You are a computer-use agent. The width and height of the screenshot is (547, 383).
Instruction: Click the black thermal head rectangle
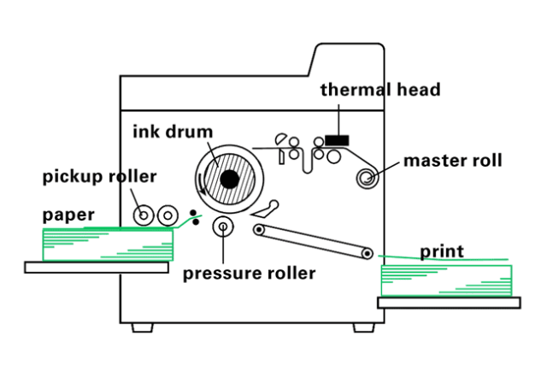(337, 138)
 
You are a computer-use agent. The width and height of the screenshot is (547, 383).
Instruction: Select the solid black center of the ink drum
(228, 179)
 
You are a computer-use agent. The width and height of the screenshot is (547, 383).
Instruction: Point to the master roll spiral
(368, 178)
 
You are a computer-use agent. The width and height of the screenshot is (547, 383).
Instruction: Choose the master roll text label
(452, 160)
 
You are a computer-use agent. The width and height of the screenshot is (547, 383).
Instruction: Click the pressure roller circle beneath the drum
(223, 227)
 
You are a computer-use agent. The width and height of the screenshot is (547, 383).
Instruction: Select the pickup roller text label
(99, 177)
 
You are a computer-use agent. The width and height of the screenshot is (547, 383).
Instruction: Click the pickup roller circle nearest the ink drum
(167, 215)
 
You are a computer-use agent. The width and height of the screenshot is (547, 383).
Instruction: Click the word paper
(69, 215)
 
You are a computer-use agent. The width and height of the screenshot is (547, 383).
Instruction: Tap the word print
(441, 251)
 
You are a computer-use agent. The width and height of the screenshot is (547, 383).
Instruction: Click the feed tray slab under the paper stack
(96, 268)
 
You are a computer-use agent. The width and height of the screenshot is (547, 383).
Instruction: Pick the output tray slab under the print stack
(449, 303)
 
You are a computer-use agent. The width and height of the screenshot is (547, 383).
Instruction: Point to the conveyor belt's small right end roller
(368, 253)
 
